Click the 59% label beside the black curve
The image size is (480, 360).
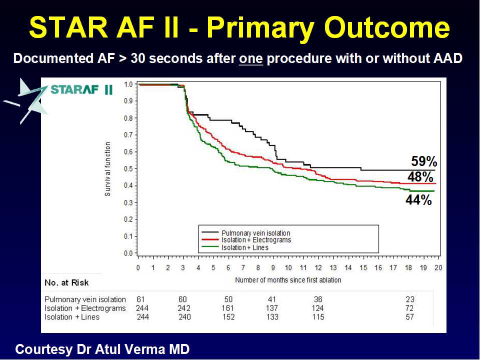[424, 161]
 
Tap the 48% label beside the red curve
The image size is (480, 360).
[420, 177]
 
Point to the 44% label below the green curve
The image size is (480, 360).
[418, 200]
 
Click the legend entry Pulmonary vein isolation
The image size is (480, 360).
[255, 233]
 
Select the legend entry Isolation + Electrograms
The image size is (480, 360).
[256, 240]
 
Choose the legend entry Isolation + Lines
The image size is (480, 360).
[245, 247]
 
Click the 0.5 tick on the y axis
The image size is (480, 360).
[129, 168]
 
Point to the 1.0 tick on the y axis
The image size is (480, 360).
[129, 84]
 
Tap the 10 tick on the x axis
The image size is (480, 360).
[288, 267]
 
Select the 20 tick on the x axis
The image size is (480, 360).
[438, 267]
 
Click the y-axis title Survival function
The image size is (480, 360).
[108, 168]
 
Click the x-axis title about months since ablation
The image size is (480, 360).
[288, 280]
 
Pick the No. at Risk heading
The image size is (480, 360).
[66, 283]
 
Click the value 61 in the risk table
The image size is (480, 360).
[140, 299]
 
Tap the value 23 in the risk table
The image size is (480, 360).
[410, 299]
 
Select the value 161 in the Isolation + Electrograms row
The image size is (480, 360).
[228, 308]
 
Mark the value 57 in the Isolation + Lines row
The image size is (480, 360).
[410, 317]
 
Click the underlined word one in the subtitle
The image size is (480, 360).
[250, 58]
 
